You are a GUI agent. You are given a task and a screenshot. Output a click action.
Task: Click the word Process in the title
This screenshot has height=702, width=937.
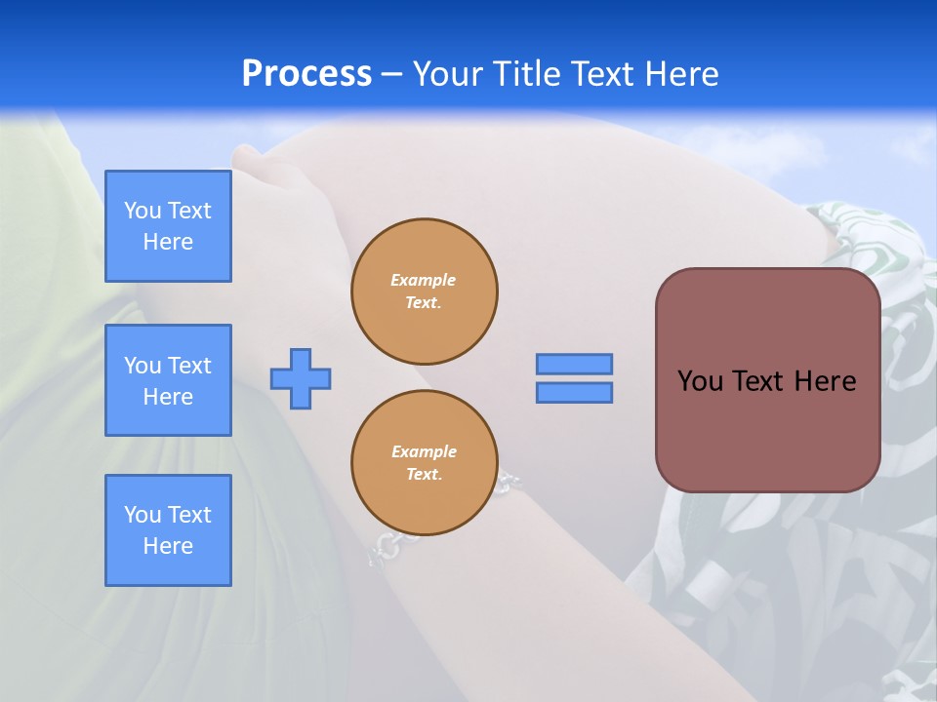306,74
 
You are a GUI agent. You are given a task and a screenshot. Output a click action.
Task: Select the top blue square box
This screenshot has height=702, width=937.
168,226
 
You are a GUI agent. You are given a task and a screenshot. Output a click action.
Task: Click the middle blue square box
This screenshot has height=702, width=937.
168,380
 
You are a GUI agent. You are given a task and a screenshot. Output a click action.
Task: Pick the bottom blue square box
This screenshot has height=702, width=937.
168,530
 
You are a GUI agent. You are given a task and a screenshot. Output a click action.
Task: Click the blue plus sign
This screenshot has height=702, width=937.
301,378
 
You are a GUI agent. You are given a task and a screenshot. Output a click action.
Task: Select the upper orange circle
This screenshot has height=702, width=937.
424,292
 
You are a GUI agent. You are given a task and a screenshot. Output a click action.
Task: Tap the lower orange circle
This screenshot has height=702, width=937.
424,463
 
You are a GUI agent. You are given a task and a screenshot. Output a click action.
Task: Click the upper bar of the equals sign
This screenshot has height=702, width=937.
574,364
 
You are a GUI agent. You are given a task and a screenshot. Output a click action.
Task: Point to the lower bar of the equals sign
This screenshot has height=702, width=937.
574,393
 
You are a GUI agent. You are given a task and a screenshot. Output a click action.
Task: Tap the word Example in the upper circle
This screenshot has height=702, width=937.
423,280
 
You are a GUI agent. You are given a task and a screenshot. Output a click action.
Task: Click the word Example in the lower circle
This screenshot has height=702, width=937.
423,451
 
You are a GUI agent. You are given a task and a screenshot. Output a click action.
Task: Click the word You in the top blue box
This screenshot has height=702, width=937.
143,211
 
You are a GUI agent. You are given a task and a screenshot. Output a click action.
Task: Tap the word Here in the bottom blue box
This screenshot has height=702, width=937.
168,546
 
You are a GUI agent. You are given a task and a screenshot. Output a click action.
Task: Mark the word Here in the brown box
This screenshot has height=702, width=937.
825,381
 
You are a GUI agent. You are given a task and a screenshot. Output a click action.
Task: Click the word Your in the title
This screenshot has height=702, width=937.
449,74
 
